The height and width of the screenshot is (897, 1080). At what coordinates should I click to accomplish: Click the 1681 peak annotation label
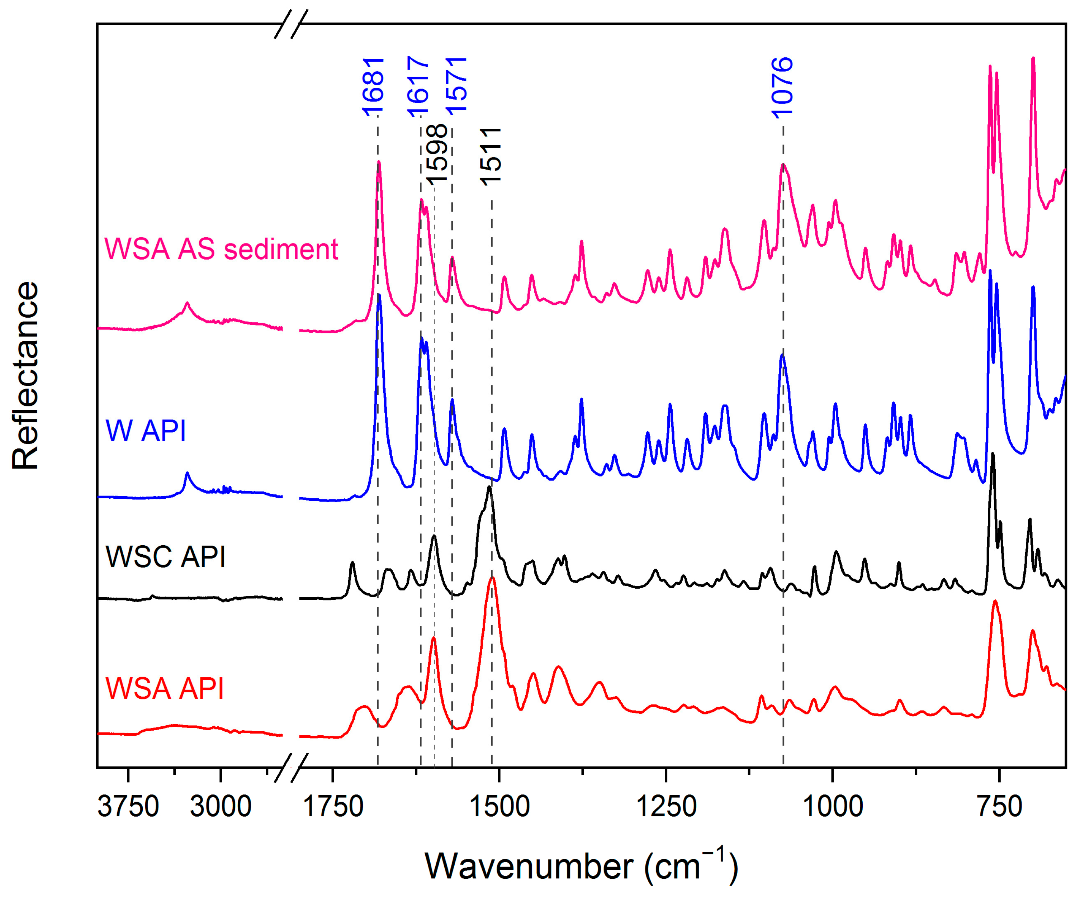point(373,86)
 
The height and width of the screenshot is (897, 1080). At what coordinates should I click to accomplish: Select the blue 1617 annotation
point(418,86)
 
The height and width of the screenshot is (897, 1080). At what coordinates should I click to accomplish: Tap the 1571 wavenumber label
point(456,85)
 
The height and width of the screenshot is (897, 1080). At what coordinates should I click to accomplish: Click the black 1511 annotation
point(490,156)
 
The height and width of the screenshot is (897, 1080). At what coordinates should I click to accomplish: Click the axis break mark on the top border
point(291,24)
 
